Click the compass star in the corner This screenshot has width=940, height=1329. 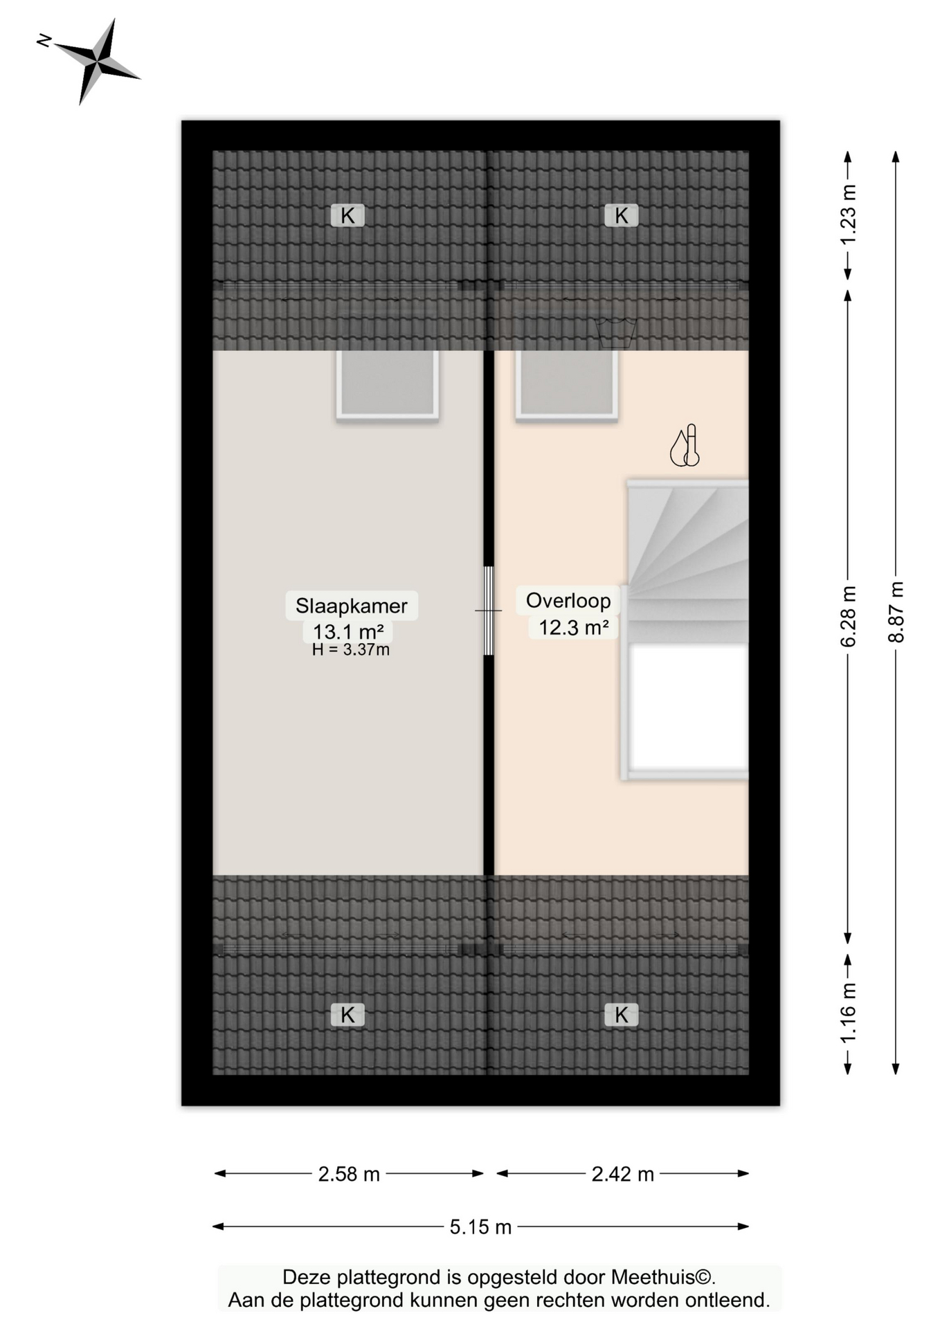click(97, 62)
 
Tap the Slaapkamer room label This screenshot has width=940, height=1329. click(351, 606)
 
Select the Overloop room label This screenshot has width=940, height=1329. click(568, 600)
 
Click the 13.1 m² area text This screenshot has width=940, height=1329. click(348, 631)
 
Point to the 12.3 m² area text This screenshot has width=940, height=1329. click(573, 627)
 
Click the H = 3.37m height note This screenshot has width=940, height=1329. click(350, 650)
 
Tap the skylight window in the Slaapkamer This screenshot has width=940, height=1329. click(388, 384)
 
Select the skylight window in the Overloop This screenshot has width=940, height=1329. click(566, 384)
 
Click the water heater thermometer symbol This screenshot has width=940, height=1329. click(685, 446)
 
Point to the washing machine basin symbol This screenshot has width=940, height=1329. click(615, 334)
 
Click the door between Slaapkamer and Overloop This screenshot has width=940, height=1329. click(488, 611)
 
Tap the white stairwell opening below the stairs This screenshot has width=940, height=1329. click(688, 707)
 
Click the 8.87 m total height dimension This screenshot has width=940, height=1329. click(896, 612)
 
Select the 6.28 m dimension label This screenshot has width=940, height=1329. click(848, 616)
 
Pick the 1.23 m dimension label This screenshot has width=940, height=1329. click(848, 215)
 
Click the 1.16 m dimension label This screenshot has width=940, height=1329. click(848, 1012)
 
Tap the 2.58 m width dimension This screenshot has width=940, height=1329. click(349, 1174)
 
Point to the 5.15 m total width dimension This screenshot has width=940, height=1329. click(480, 1227)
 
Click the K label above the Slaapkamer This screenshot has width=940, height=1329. click(347, 216)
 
